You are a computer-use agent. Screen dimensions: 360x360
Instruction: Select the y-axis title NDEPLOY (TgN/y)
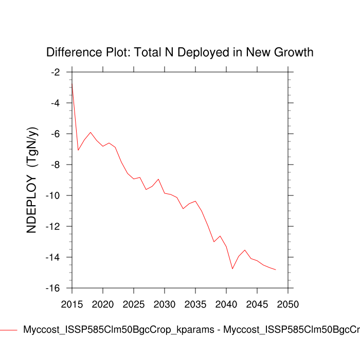point(32,180)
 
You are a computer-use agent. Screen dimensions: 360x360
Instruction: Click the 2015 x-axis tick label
point(72,304)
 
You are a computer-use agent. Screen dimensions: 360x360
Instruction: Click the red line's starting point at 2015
point(72,83)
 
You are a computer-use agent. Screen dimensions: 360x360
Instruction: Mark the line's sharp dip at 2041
point(232,268)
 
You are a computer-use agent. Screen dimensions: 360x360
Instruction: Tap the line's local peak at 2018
point(91,132)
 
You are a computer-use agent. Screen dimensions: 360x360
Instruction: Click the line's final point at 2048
point(276,269)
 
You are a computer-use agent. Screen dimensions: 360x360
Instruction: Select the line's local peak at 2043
point(245,250)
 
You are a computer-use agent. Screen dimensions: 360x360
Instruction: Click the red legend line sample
point(9,330)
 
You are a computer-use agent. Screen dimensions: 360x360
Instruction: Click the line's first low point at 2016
point(78,150)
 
